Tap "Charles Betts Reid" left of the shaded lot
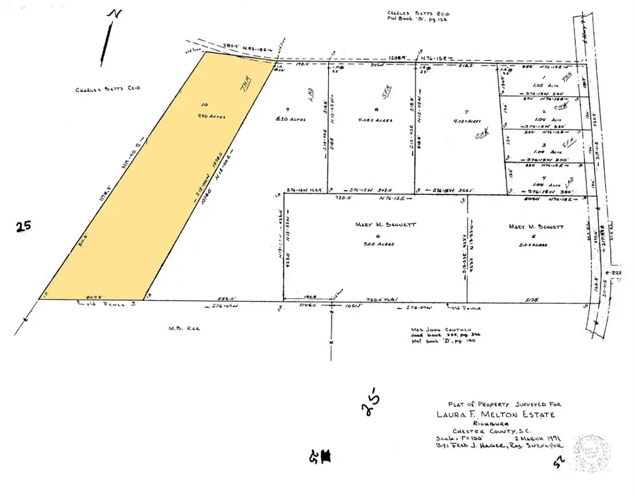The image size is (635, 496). point(109,88)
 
